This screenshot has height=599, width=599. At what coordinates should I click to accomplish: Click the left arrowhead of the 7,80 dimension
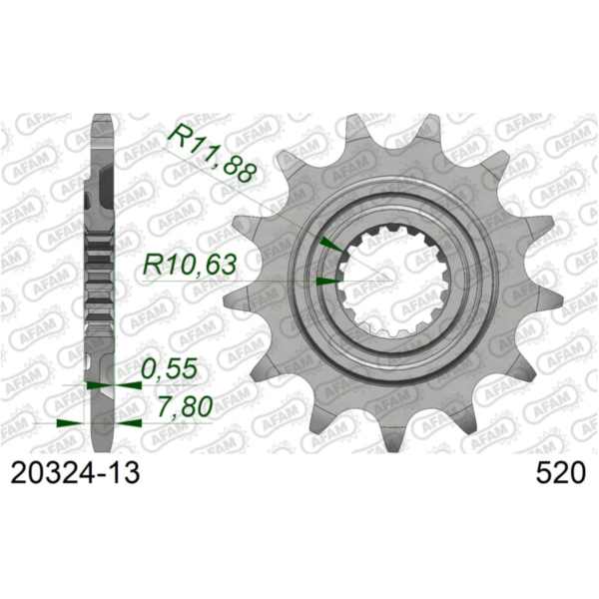(69, 421)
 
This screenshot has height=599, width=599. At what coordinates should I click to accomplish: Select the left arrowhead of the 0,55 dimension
(94, 383)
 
